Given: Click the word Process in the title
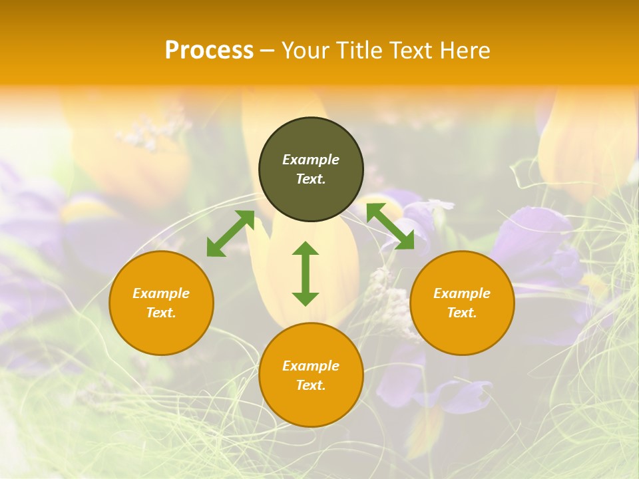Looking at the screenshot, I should coord(209,51).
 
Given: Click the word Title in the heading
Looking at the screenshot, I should coord(360,51).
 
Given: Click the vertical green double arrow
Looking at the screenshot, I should coord(306,274).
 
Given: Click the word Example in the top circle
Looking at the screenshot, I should coord(311,160).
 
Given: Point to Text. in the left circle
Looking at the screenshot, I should coord(161,313).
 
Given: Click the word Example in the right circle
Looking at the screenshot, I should coord(462,293).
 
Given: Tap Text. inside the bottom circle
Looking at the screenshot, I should coord(311,385).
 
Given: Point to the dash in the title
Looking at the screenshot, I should coord(268,51).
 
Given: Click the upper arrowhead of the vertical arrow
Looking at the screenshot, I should coord(306,249).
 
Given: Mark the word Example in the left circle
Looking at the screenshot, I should coord(161,293).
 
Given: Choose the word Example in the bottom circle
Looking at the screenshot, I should coord(311,366).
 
